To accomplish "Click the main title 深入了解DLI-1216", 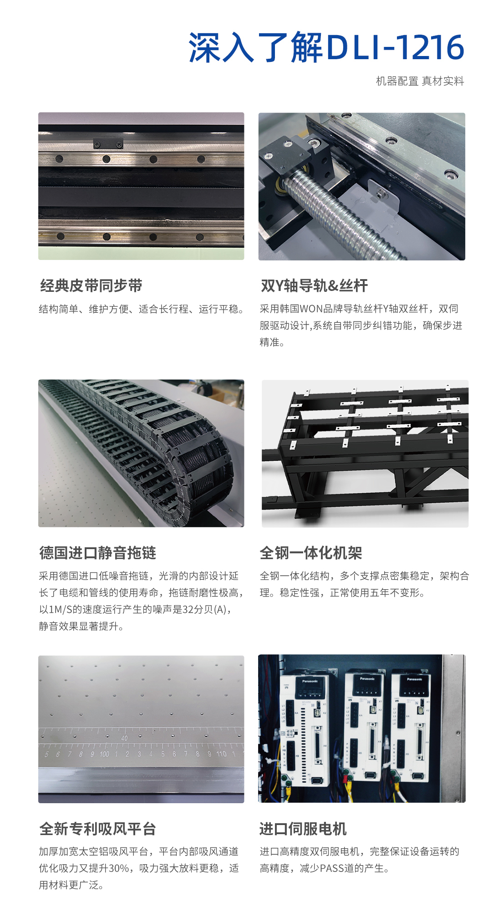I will pos(326,47).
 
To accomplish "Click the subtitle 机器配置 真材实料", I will pos(420,82).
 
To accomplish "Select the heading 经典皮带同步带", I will pos(91,285).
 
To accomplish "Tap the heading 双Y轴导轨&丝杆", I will pos(314,285).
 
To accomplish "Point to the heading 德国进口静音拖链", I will pos(97,553).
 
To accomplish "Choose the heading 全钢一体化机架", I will pos(311,553).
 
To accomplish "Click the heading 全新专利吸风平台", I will pos(97,829).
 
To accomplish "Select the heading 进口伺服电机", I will pos(303,829).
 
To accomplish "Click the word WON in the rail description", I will pos(311,309).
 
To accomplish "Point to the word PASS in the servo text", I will pos(332,868).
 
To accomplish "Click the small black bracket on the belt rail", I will pos(108,144).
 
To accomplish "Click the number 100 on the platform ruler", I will pos(104,754).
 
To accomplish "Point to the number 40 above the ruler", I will pos(124,738).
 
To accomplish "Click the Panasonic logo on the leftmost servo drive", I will pos(310,681).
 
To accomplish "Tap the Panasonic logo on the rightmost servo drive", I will pos(414,679).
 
